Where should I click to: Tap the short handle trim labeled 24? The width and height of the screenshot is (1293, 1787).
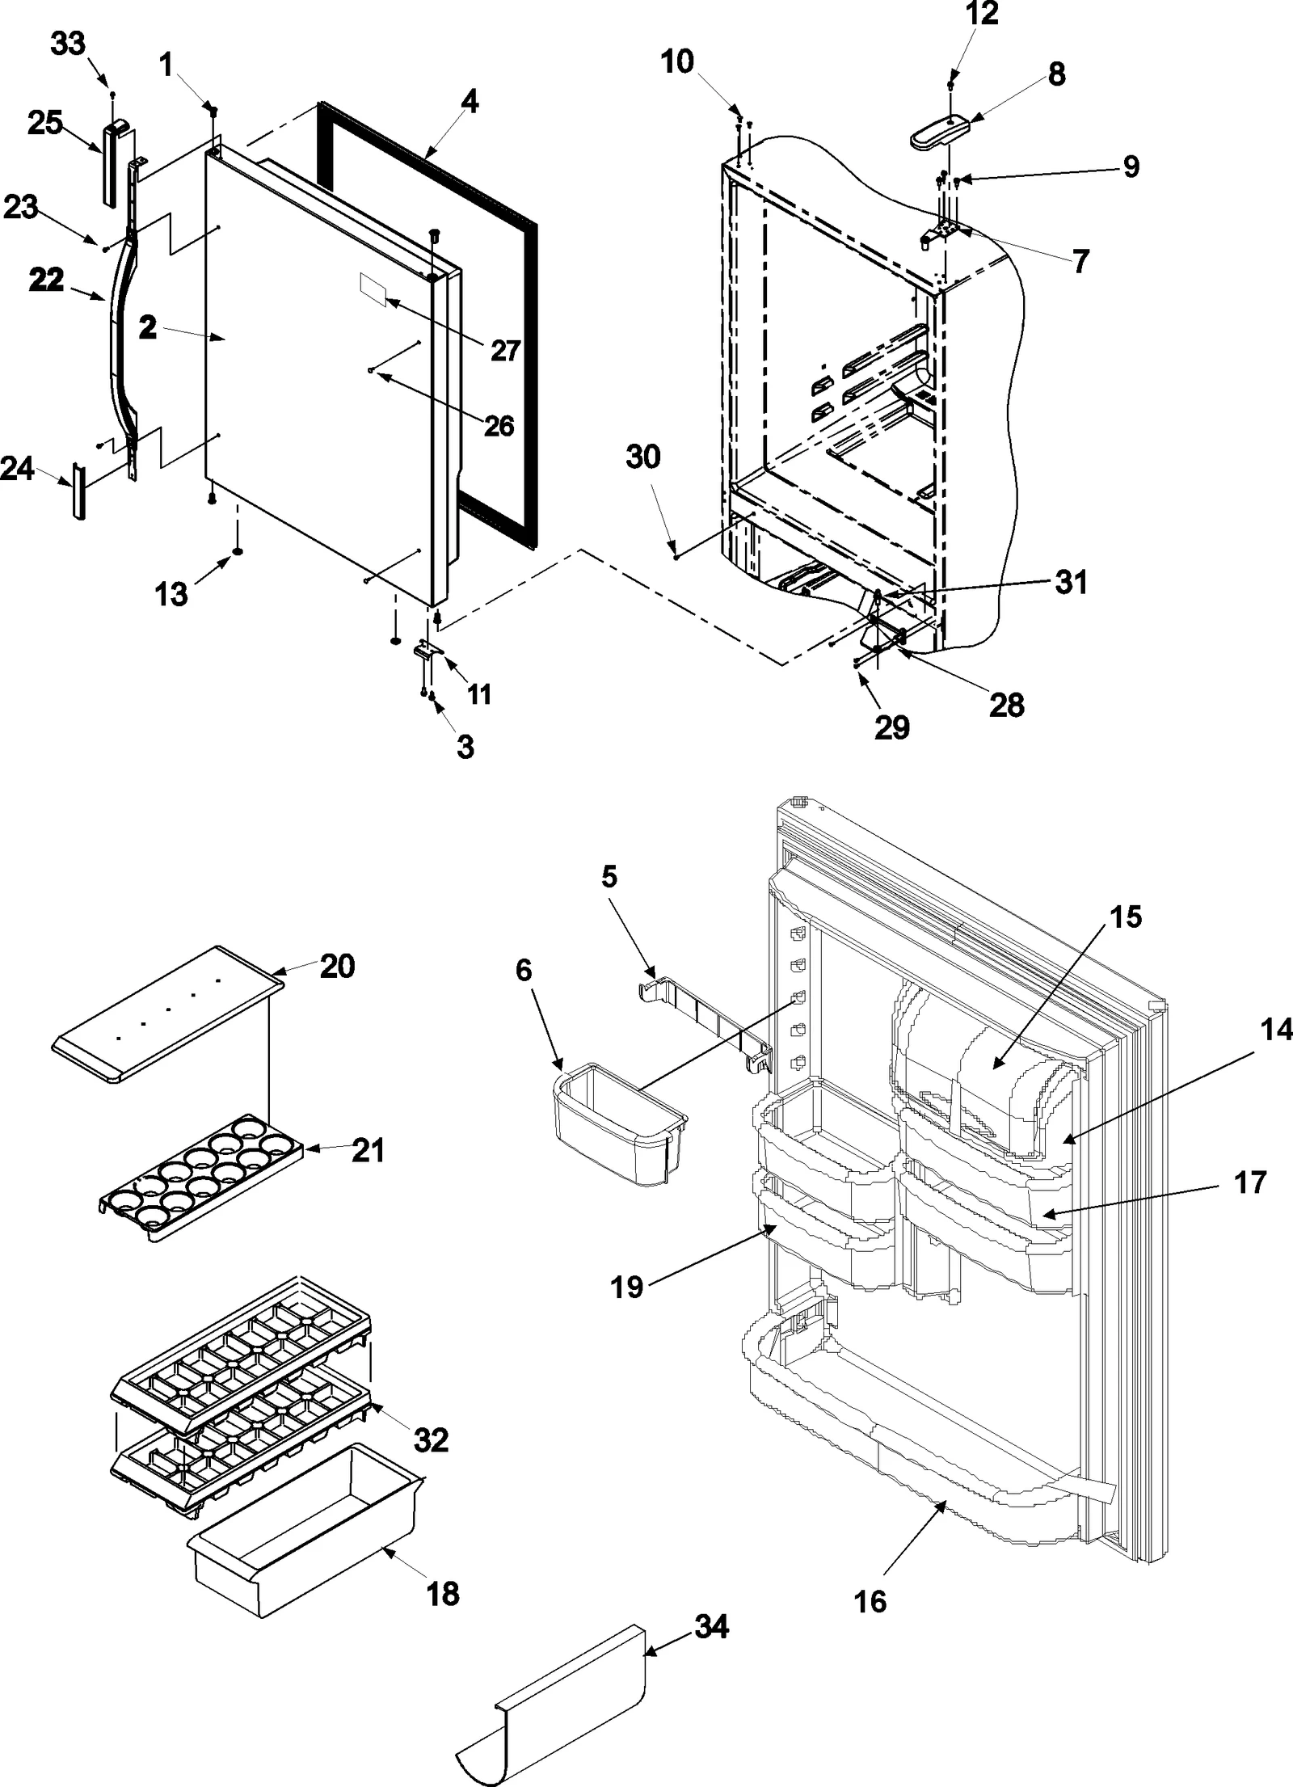tap(78, 491)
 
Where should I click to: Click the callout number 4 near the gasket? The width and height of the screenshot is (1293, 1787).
tap(470, 102)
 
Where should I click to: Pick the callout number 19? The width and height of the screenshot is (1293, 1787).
tap(627, 1287)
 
